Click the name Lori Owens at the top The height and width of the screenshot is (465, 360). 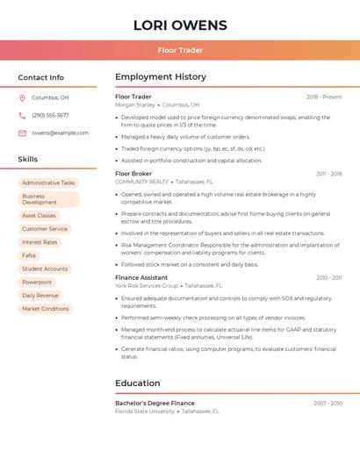click(x=180, y=25)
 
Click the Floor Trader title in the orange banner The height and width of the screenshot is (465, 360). click(x=180, y=50)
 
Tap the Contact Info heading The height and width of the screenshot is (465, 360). click(x=41, y=77)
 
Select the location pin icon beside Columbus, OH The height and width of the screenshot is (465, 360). click(x=22, y=97)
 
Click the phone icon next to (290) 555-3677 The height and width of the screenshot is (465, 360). click(x=22, y=115)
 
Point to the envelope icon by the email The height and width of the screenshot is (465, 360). click(x=22, y=132)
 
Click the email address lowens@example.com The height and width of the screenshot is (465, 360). click(x=60, y=132)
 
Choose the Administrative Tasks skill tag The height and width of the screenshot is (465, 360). click(x=48, y=182)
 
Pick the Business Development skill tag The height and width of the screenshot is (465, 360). click(x=48, y=199)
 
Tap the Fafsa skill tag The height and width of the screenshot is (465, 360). click(x=29, y=255)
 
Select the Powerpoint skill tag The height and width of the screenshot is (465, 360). click(x=37, y=282)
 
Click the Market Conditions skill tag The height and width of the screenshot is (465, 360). click(x=45, y=309)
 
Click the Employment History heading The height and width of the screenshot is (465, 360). click(x=161, y=77)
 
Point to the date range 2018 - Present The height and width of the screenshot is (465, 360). click(x=324, y=97)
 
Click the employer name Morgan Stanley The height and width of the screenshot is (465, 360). click(x=135, y=104)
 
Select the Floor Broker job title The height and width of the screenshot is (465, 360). click(x=133, y=174)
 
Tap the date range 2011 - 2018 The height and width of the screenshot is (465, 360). click(x=329, y=174)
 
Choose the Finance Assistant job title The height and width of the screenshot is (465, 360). click(x=141, y=277)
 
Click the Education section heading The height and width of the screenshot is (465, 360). click(x=138, y=383)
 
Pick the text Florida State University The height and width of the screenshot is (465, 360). click(x=145, y=411)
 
